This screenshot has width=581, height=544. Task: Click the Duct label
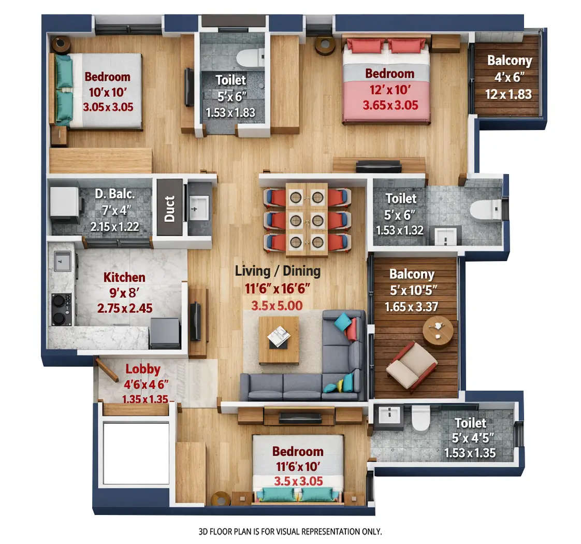[169, 208]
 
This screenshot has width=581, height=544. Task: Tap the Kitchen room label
[124, 277]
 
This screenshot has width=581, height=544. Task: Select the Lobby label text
[143, 370]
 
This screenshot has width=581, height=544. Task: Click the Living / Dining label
[278, 271]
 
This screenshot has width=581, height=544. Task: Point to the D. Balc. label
[114, 195]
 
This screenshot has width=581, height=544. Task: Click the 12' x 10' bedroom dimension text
[389, 90]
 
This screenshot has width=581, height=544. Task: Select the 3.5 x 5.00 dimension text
[277, 305]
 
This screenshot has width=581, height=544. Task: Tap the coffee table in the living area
[279, 339]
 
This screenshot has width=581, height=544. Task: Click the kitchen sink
[62, 261]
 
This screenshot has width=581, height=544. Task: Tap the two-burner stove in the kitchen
[62, 309]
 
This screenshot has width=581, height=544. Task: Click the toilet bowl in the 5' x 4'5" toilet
[420, 417]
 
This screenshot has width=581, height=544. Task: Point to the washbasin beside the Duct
[199, 208]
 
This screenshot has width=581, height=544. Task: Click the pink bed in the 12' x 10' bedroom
[386, 83]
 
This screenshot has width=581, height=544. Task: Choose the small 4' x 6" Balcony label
[509, 61]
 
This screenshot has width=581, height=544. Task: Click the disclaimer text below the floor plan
[290, 532]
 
